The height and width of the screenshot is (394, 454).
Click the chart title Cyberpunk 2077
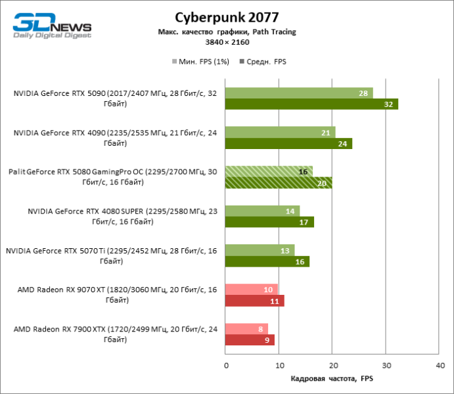click(227, 16)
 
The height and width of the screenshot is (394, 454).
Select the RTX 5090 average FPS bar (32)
click(311, 104)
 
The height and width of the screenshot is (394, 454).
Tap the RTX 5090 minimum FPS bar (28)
click(299, 93)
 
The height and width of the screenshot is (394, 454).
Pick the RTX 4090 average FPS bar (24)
click(288, 143)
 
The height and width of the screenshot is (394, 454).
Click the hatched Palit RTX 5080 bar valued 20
click(279, 183)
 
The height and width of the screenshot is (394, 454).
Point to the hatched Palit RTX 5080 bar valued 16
click(269, 171)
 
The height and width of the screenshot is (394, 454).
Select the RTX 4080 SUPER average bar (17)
click(269, 222)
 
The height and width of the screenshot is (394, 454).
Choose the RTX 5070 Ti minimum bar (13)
click(260, 250)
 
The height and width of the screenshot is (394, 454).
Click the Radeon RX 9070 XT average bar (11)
click(254, 301)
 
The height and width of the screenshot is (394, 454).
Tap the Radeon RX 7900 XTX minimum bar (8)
click(246, 329)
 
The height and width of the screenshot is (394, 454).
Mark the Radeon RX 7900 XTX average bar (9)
click(250, 340)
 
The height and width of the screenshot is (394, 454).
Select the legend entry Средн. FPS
click(266, 62)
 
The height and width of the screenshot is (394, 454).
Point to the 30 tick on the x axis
click(386, 364)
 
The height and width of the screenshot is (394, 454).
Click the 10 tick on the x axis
click(279, 364)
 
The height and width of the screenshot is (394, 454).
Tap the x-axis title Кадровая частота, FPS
click(332, 379)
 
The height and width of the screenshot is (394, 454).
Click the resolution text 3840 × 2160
click(227, 41)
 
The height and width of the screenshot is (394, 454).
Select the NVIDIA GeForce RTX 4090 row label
click(115, 138)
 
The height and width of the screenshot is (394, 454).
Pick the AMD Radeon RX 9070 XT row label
click(115, 295)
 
